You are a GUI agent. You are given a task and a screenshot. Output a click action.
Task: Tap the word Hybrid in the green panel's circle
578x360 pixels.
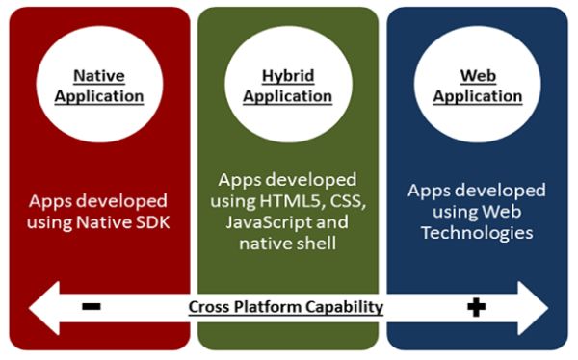[x=287, y=75]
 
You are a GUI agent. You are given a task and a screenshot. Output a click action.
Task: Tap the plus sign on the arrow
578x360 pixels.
[x=476, y=307]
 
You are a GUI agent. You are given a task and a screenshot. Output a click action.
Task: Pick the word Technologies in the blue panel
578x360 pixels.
[x=476, y=234]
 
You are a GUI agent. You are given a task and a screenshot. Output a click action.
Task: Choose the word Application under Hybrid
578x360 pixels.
[x=287, y=96]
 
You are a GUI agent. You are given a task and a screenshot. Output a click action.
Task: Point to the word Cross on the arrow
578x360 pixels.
[x=210, y=308]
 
